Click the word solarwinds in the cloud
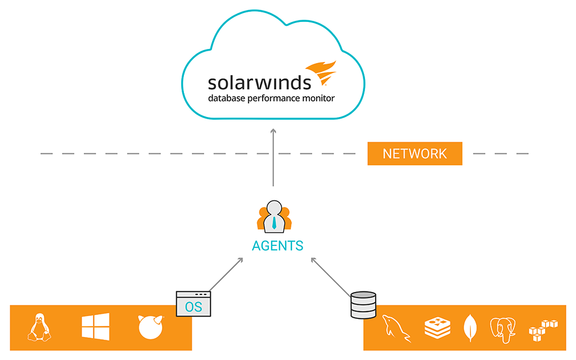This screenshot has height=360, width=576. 259,82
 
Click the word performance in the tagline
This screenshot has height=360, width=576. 285,99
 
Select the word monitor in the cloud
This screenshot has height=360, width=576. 319,98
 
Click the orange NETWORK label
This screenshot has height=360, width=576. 415,154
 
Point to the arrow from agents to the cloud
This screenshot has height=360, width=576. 273,157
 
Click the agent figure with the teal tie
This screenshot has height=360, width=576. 273,217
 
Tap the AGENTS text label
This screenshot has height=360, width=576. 277,246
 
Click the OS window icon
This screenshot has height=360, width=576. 193,304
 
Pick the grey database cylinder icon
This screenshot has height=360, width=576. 363,305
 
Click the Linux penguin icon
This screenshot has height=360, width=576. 38,327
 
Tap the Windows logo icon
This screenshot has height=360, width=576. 95,327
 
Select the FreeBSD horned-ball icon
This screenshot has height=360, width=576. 150,327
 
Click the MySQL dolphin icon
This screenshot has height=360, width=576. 396,328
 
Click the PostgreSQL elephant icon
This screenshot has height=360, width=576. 503,329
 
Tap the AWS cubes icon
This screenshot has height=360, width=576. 543,330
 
